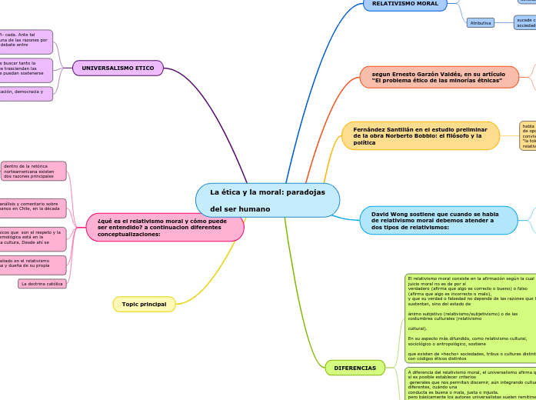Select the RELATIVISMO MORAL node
pyautogui.click(x=404, y=4)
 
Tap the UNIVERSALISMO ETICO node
pyautogui.click(x=118, y=68)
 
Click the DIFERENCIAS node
pyautogui.click(x=355, y=368)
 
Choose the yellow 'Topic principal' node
pyautogui.click(x=144, y=305)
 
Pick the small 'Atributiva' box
pyautogui.click(x=481, y=23)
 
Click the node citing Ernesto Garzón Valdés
pyautogui.click(x=439, y=76)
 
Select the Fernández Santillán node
pyautogui.click(x=420, y=135)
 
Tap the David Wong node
pyautogui.click(x=438, y=220)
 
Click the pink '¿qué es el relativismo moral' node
pyautogui.click(x=165, y=227)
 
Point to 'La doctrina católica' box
pyautogui.click(x=42, y=284)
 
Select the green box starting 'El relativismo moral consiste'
pyautogui.click(x=470, y=318)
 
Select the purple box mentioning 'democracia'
pyautogui.click(x=26, y=94)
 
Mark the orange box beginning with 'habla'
pyautogui.click(x=528, y=135)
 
